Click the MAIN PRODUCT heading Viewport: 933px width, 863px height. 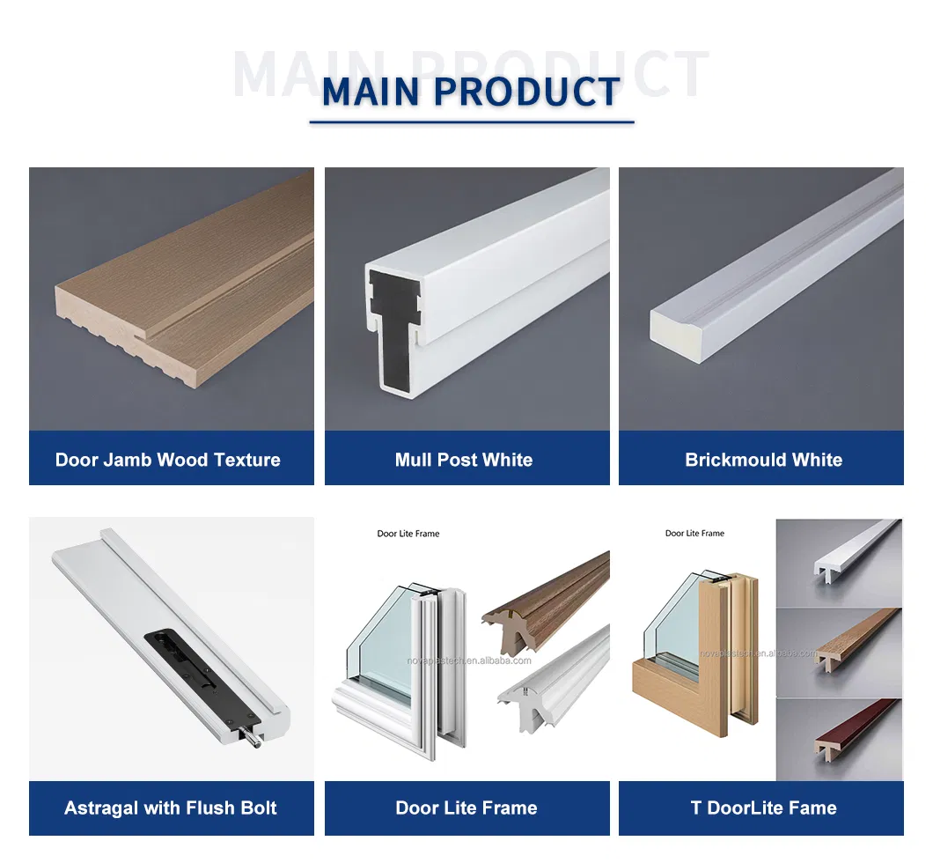471,92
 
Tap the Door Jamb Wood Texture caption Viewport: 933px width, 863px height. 168,460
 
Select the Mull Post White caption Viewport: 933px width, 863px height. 464,460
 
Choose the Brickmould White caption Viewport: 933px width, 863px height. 763,460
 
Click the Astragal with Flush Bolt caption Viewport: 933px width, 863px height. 171,808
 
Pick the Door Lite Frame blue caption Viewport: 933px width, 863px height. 466,808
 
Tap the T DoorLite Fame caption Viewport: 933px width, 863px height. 763,808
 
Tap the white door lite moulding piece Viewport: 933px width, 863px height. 555,674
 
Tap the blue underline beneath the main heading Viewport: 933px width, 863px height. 471,122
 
